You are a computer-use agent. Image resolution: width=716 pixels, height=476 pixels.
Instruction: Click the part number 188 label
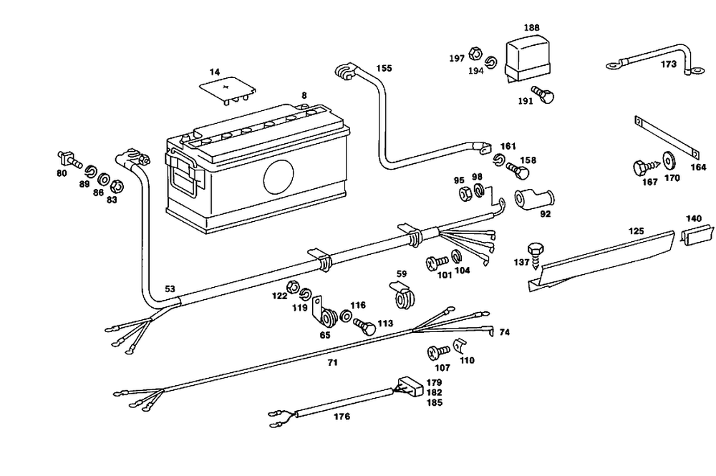531,28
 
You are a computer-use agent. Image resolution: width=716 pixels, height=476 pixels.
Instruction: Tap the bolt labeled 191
548,96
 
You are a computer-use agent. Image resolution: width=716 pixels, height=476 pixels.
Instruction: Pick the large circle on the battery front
279,177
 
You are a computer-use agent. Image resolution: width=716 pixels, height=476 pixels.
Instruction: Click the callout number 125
636,230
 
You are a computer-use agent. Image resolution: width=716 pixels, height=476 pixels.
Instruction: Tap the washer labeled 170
670,160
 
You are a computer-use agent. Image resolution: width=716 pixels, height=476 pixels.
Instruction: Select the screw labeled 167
642,168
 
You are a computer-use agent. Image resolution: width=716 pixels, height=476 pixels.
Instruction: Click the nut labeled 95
463,193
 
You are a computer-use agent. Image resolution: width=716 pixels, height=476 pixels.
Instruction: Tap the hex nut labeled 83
118,186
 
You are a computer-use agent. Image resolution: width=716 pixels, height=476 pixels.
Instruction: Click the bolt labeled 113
365,326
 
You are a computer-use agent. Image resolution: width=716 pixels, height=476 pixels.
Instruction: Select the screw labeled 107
437,351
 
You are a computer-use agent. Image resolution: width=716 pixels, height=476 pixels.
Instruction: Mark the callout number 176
342,417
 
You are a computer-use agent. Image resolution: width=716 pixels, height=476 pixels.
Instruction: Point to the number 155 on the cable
384,69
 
